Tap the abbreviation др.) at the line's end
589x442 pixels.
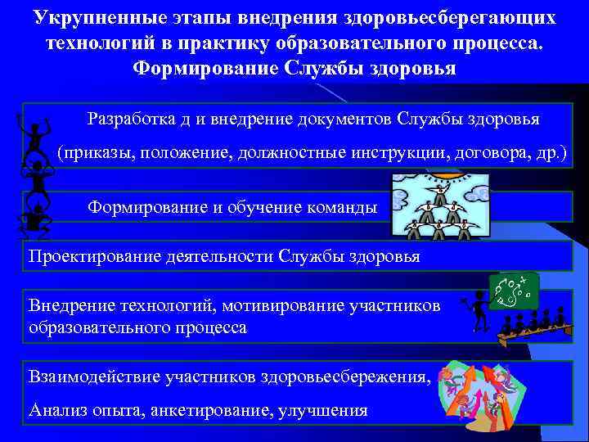point(550,154)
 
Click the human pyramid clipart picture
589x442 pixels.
point(442,209)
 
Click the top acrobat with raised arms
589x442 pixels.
point(34,136)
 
